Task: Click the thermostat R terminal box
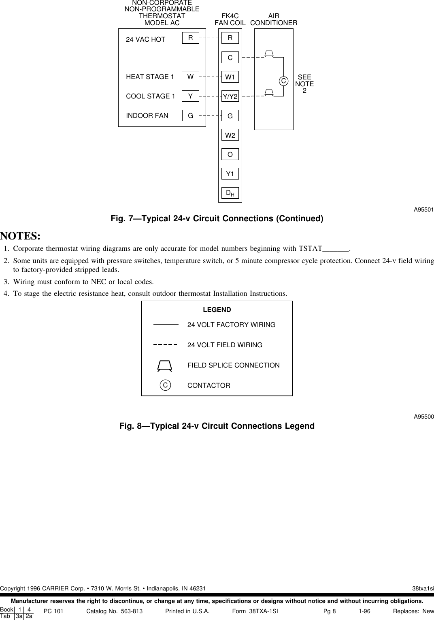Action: pos(190,38)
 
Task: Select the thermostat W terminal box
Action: pos(190,77)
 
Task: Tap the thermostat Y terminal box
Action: pos(190,96)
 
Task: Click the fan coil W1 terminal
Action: pos(230,77)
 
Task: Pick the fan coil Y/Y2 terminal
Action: pos(230,96)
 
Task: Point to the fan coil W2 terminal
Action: pos(230,135)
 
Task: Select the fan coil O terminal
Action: pos(230,155)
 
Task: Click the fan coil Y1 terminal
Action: pos(230,174)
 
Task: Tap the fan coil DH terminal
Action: pos(230,193)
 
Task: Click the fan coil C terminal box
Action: pos(230,58)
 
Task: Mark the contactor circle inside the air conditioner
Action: pos(283,81)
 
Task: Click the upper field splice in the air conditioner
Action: pos(269,53)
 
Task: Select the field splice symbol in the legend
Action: pos(165,365)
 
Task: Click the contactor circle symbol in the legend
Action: pos(165,385)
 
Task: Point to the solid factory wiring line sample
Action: pos(166,325)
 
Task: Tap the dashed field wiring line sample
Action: pos(166,345)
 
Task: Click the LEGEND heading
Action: pos(217,310)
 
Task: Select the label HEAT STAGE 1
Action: pos(150,77)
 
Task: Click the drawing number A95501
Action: pos(423,210)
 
